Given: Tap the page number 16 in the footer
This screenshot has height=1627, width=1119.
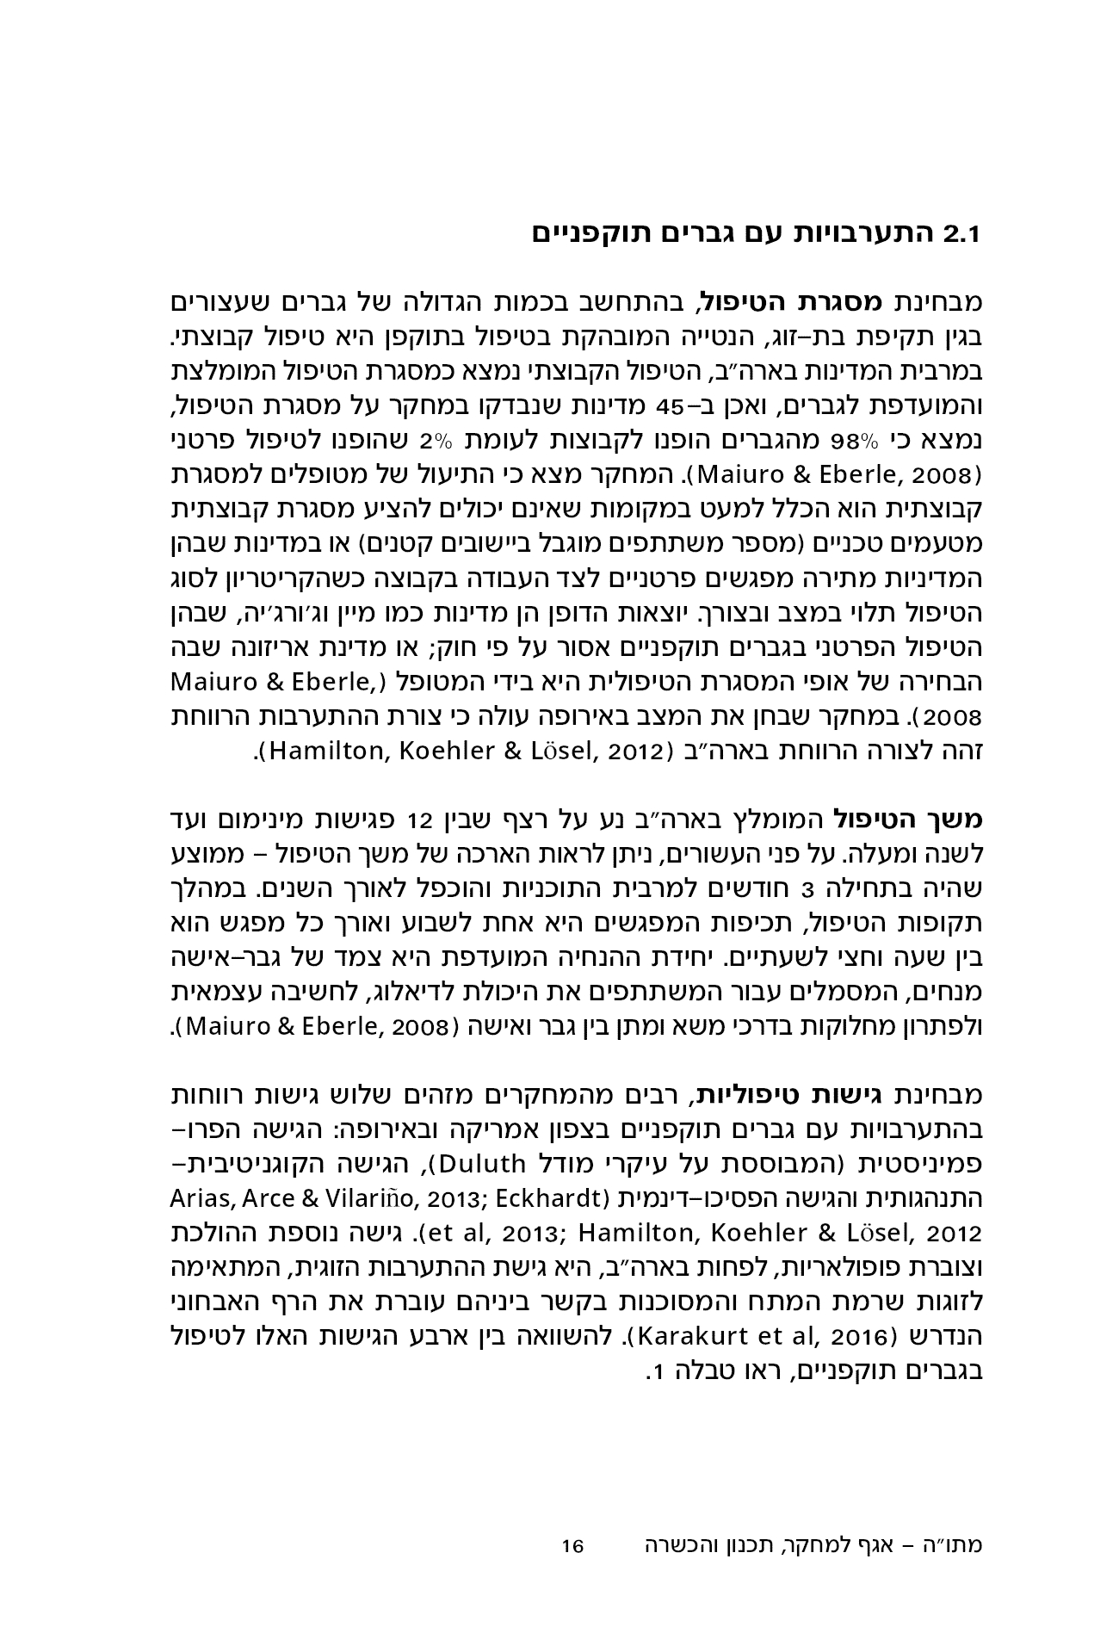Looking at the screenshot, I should coord(572,1546).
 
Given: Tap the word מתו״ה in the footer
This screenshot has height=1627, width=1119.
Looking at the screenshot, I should coord(957,1545).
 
